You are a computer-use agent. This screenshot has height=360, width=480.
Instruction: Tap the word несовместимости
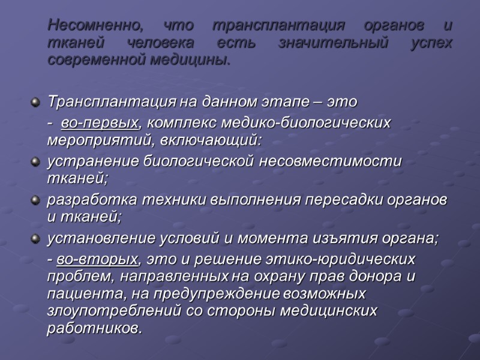point(328,162)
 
